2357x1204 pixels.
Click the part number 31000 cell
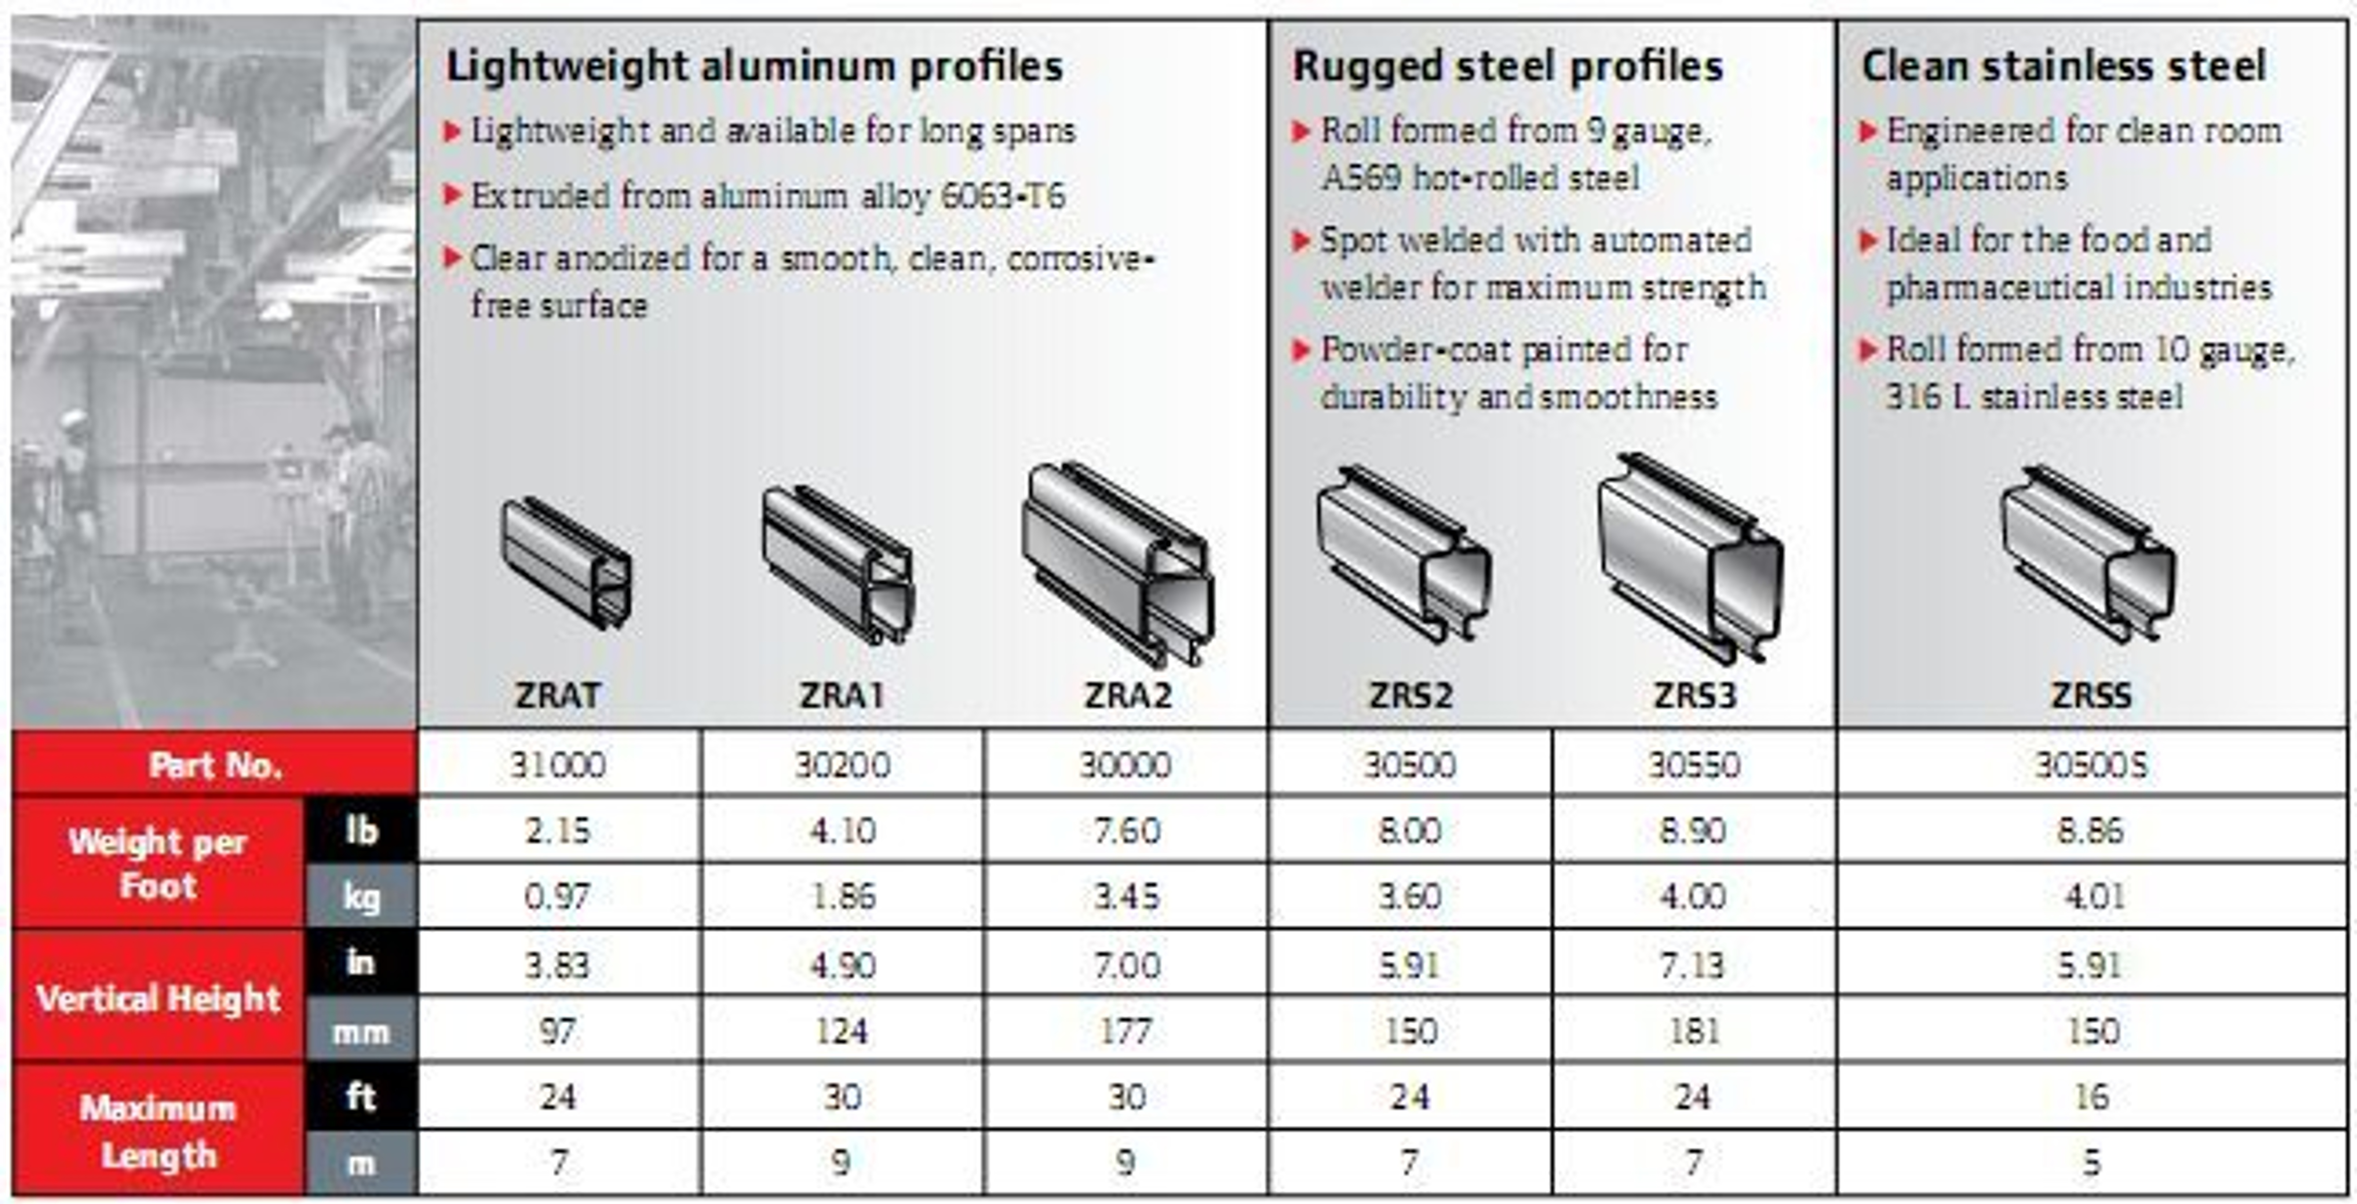(x=558, y=764)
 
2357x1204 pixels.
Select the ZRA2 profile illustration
(x=1118, y=563)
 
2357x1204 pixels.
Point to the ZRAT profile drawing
(x=566, y=563)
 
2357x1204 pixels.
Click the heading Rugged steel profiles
(x=1507, y=66)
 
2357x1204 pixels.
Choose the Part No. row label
(x=215, y=764)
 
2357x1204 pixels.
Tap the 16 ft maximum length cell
(x=2091, y=1096)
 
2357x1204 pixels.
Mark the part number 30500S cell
(x=2091, y=764)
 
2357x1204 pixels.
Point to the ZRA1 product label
(x=842, y=695)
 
